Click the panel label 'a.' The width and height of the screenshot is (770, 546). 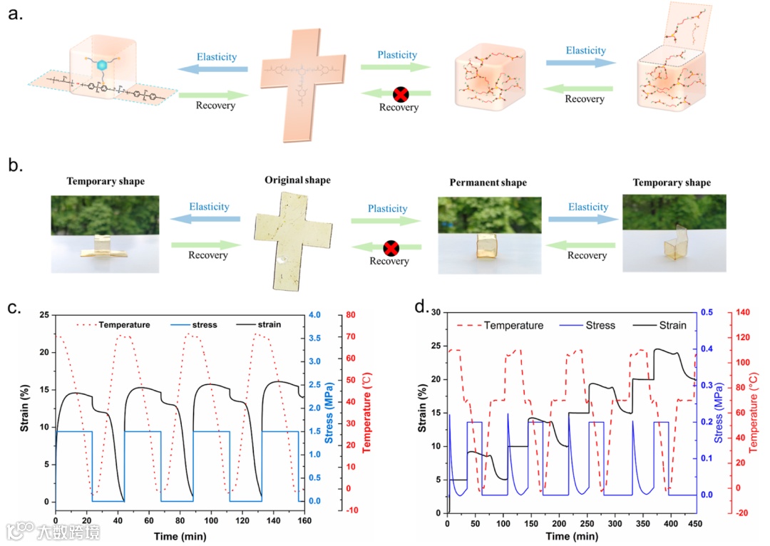pyautogui.click(x=16, y=16)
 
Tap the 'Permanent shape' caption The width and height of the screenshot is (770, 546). pyautogui.click(x=488, y=182)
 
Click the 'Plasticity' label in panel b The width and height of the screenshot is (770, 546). pyautogui.click(x=387, y=209)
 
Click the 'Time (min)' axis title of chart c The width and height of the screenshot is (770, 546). pyautogui.click(x=180, y=532)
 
